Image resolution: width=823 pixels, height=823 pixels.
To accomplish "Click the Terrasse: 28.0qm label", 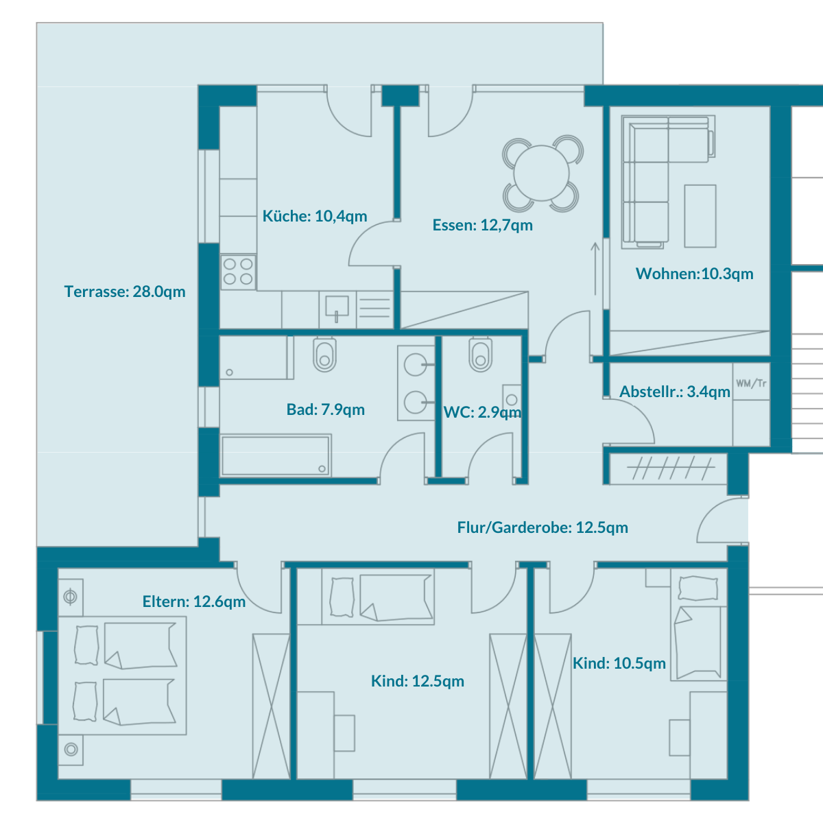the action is (125, 291).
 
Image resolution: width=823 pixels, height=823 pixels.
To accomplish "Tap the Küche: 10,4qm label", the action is (315, 216).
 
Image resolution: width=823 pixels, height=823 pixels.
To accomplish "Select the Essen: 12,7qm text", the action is (483, 225).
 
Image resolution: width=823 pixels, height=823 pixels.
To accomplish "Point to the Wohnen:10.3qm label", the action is (695, 274).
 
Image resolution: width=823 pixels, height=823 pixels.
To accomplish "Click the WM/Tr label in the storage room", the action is (751, 383).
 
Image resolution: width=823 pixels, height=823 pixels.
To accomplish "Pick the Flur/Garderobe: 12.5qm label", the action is (542, 527).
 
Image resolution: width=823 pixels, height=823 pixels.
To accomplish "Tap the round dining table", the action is (542, 173).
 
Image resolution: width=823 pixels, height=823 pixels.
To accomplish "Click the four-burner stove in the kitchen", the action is (238, 272).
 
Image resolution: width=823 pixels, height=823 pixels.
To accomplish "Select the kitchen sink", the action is (337, 308).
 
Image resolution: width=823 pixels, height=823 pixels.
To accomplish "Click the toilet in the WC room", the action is (481, 355).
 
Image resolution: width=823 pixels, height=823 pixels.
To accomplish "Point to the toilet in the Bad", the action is (324, 355).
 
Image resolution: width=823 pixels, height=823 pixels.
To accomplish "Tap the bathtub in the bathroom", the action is (276, 455).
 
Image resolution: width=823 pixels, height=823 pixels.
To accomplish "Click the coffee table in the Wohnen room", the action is (700, 216).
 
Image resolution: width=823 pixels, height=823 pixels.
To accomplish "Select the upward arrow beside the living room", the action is (595, 269).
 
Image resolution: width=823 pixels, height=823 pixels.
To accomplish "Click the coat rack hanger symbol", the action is (671, 468).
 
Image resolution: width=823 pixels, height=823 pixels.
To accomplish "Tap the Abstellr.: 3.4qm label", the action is (675, 392).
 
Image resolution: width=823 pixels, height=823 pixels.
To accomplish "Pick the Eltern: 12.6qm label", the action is (194, 601).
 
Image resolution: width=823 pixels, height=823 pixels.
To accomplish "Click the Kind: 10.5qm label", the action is (619, 663).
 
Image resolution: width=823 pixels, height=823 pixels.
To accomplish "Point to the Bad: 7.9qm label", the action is (326, 409).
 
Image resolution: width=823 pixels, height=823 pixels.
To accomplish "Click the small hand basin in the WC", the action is (512, 400).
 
